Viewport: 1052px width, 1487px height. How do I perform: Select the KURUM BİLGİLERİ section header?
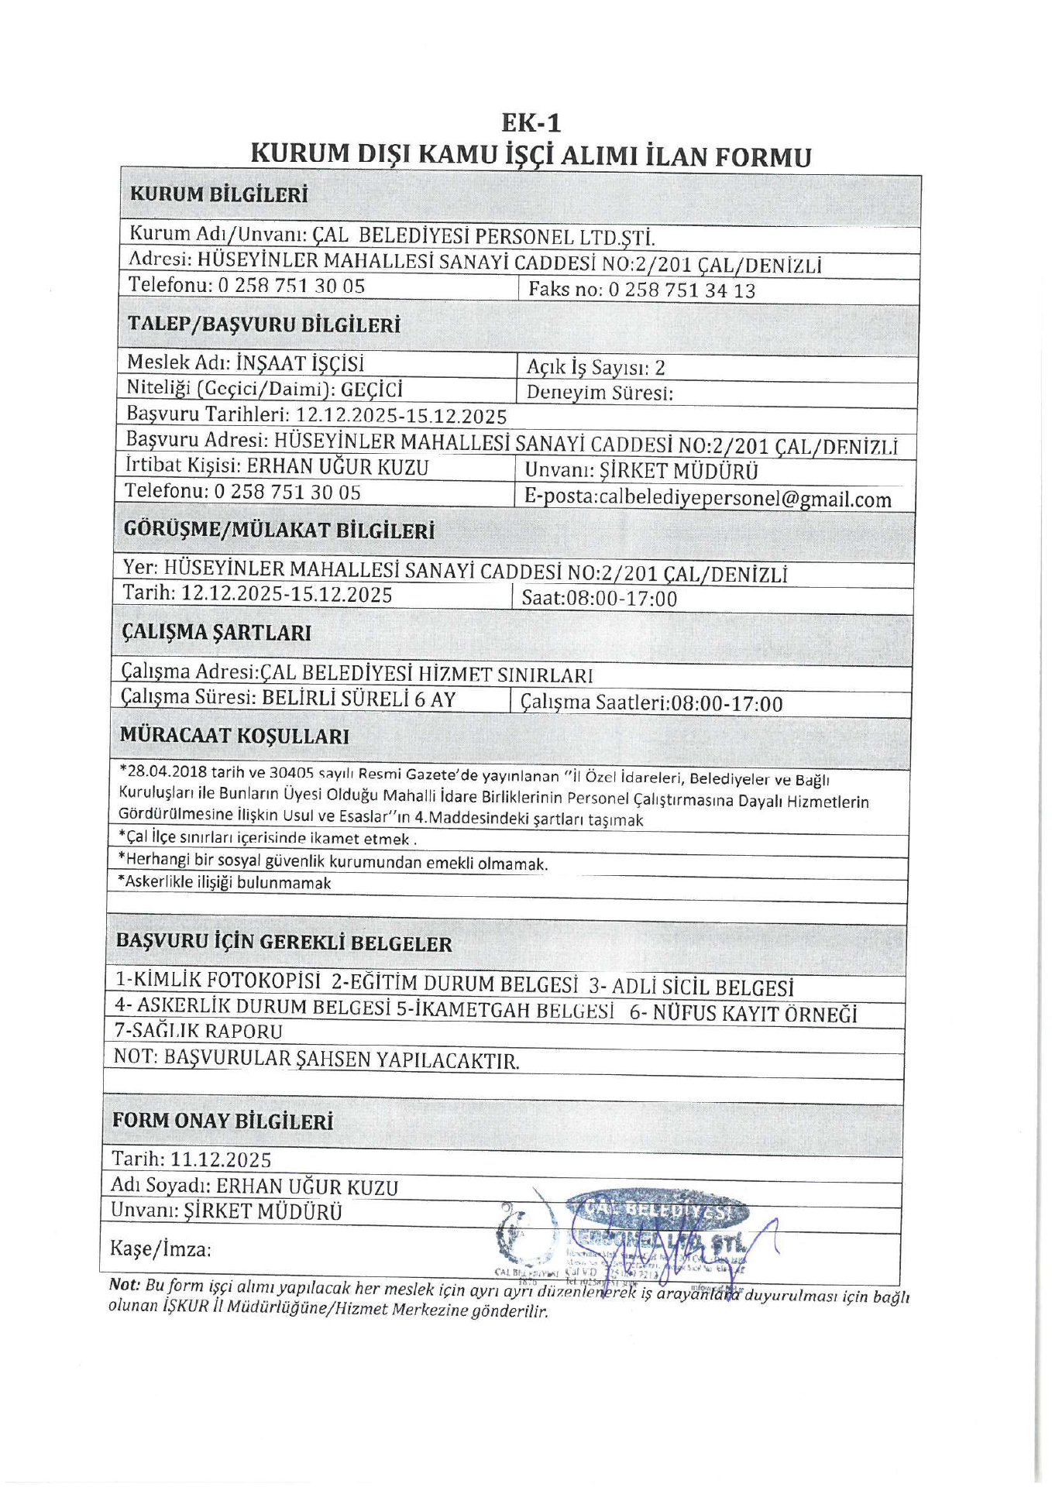tap(218, 194)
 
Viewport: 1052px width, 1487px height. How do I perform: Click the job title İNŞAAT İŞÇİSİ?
tap(300, 363)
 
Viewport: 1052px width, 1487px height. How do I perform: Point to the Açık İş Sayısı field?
tap(596, 367)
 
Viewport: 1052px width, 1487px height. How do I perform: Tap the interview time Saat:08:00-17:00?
tap(599, 598)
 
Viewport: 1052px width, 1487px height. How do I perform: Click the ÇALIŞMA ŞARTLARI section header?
tap(216, 633)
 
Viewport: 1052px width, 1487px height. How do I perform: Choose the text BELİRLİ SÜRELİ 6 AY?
tap(358, 699)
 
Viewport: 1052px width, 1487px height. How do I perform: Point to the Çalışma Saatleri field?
tap(651, 703)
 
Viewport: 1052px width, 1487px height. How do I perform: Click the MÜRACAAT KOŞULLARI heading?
tap(234, 736)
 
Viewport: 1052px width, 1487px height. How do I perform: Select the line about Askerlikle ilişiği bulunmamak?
tap(224, 883)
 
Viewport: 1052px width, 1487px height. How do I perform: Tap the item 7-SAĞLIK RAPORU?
tap(198, 1031)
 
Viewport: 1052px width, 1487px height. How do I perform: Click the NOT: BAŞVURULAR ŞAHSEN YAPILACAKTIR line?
tap(316, 1059)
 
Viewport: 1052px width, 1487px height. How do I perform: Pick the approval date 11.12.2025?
tap(221, 1159)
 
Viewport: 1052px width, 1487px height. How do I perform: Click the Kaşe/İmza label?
tap(161, 1248)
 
